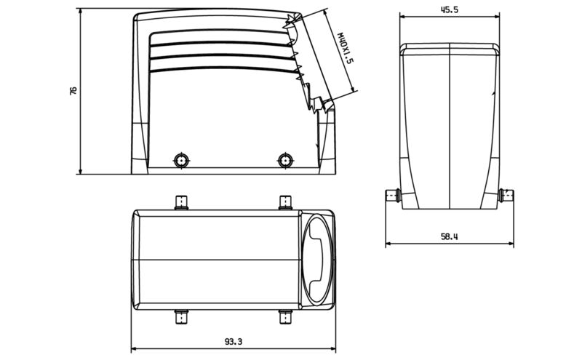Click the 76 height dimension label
73,91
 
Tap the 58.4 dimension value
449,236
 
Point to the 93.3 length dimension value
233,340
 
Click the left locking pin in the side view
180,160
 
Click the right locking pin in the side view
284,160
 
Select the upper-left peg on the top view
180,201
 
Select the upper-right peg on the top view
284,201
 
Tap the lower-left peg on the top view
180,318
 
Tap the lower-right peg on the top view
284,318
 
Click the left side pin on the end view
393,195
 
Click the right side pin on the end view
506,195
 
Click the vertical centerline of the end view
450,124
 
